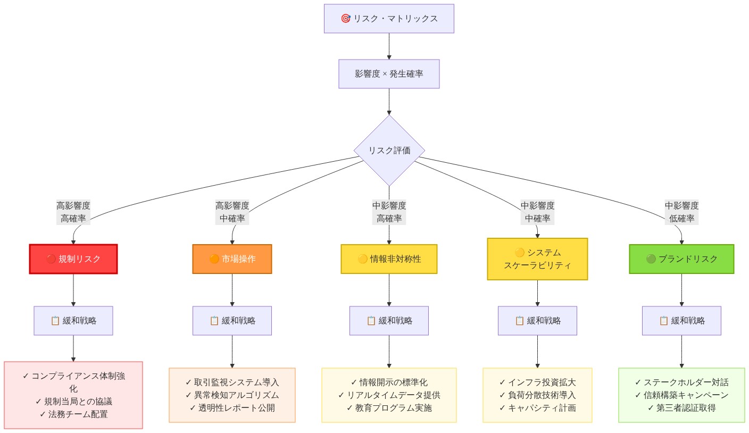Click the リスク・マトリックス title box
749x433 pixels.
389,19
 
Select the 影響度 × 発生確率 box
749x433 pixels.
389,74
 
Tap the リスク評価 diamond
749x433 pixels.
389,151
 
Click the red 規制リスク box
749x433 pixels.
73,259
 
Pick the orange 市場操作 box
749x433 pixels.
232,259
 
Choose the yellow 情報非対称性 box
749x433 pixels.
389,259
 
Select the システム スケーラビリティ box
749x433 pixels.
537,259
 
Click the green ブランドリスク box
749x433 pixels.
681,259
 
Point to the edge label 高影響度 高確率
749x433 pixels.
73,212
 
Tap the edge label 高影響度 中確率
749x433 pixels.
232,212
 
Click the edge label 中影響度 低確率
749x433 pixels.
681,212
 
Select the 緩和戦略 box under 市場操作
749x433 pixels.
232,321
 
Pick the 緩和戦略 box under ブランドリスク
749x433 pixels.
681,321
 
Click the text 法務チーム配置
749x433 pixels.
73,414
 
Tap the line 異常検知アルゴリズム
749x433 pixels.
232,395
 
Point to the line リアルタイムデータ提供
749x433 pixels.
389,395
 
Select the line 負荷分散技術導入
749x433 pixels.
537,395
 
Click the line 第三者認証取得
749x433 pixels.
681,408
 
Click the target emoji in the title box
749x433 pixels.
345,19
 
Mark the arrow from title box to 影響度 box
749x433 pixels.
389,46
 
